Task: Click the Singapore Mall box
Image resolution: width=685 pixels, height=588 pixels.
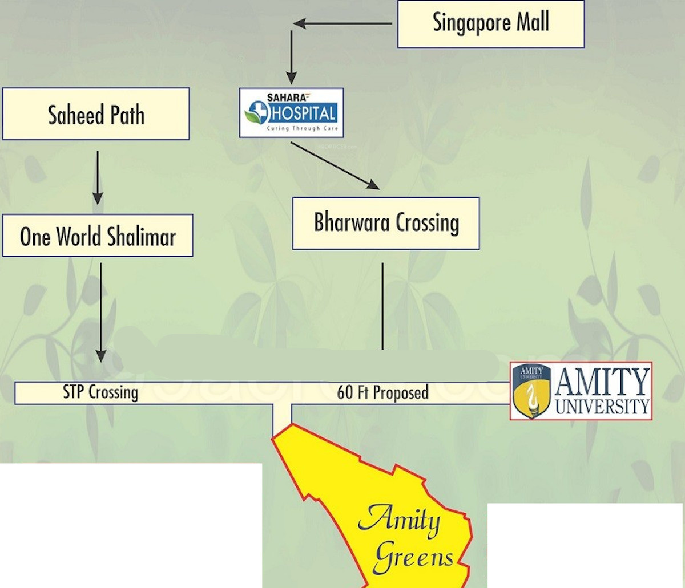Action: (x=490, y=24)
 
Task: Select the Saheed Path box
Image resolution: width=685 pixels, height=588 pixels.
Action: (x=96, y=114)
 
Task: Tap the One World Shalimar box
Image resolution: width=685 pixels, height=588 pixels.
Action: (x=98, y=236)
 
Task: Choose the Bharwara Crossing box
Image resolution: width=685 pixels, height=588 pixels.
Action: (x=386, y=223)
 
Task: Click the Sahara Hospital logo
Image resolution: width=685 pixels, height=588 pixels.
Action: (x=291, y=112)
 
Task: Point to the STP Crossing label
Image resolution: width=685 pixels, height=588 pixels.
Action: (x=100, y=392)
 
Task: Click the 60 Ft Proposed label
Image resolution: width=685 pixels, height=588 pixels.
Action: (x=382, y=392)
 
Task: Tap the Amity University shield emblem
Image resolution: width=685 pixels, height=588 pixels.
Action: (x=531, y=391)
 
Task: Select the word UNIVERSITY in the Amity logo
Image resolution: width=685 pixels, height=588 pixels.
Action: (x=602, y=407)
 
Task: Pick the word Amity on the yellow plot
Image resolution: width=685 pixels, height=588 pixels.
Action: (x=400, y=520)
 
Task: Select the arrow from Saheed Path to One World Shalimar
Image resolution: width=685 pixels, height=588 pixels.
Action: (x=98, y=177)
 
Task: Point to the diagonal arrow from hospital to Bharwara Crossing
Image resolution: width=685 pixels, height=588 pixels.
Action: (x=335, y=165)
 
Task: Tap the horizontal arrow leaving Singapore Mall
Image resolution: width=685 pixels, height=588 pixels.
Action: (x=342, y=24)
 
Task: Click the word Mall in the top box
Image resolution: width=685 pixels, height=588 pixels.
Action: (x=533, y=23)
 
